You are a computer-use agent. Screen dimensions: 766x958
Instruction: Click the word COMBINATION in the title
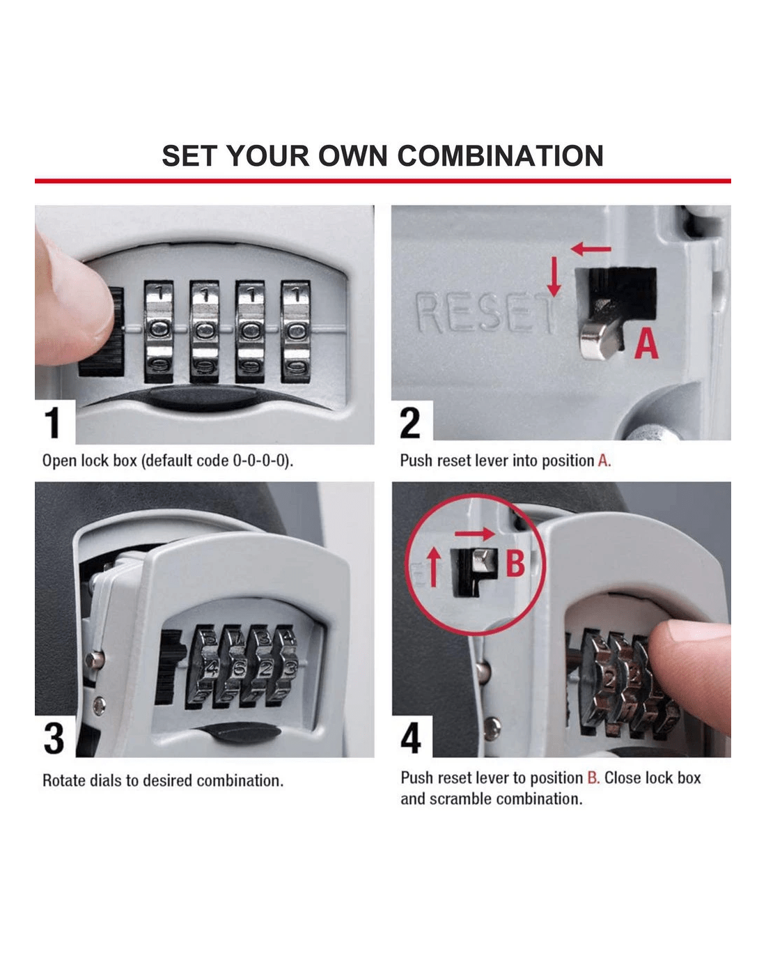coord(500,156)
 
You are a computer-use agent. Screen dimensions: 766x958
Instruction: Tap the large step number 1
coord(52,423)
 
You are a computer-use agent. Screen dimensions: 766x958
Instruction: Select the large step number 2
coord(409,423)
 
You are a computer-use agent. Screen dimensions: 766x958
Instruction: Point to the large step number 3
coord(54,739)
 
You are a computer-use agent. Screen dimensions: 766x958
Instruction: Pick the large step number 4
coord(410,738)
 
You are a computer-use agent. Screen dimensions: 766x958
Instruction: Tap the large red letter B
coord(515,563)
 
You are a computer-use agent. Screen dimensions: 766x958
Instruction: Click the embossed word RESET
coord(485,313)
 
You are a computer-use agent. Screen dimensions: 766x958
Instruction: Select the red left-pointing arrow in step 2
coord(591,249)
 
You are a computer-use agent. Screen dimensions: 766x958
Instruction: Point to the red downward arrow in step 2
coord(554,277)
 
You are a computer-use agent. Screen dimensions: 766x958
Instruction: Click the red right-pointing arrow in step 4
coord(475,533)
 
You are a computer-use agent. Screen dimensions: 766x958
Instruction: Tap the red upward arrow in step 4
coord(434,566)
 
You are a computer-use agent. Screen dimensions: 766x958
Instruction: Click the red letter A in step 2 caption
coord(603,461)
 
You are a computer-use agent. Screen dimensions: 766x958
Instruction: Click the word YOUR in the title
coord(269,156)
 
